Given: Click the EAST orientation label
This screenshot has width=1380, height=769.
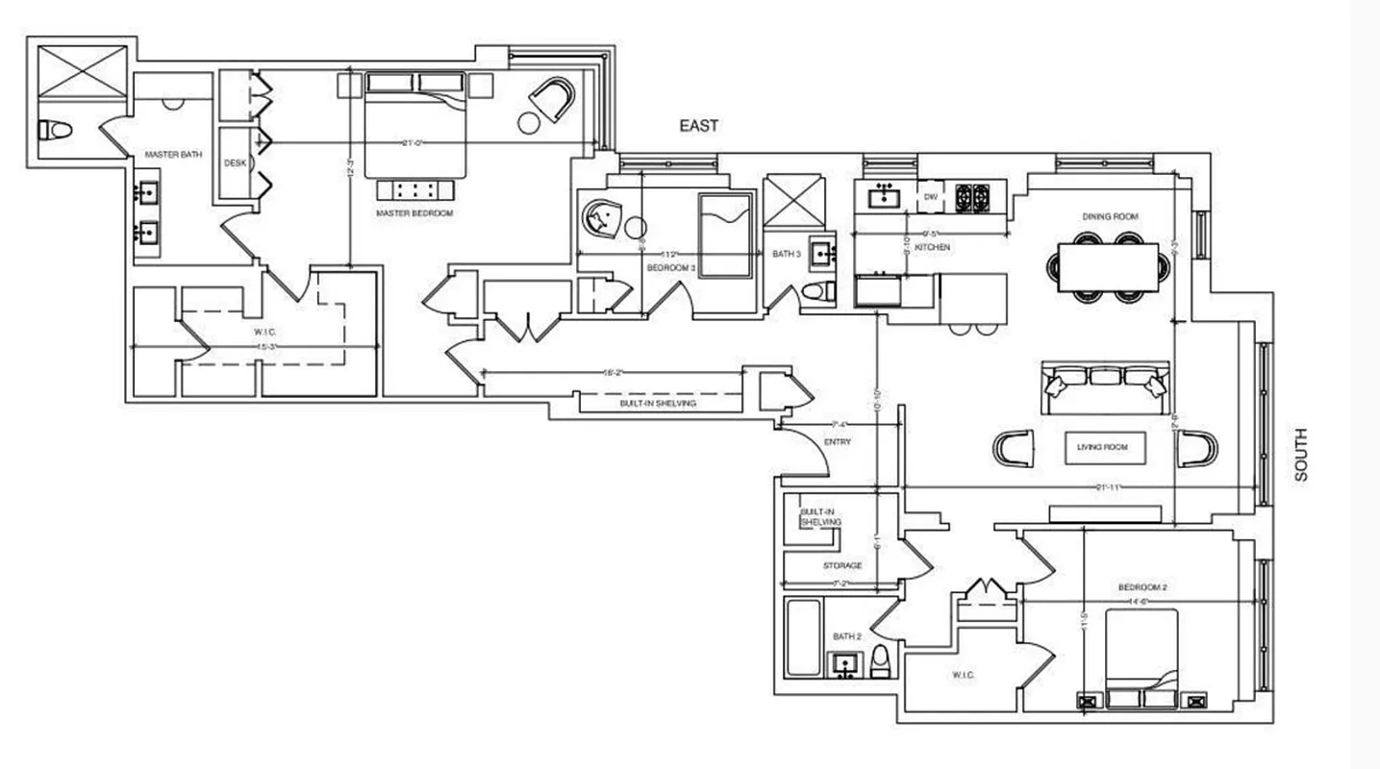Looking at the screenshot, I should [699, 126].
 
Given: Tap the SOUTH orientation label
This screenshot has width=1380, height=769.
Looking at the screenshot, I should [1301, 455].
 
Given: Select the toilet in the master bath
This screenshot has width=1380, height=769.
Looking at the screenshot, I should [55, 130].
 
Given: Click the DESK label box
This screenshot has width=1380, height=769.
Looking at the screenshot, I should [235, 163].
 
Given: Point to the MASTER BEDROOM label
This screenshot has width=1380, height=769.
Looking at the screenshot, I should [414, 212].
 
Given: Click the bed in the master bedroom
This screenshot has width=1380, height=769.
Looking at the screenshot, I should [414, 125].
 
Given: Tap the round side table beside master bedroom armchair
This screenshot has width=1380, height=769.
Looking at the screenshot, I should [529, 122].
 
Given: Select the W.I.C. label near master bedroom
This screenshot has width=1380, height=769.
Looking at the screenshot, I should [266, 333].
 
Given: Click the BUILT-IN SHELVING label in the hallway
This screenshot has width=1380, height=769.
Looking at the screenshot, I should [658, 404].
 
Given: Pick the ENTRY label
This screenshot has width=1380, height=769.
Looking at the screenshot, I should [838, 442].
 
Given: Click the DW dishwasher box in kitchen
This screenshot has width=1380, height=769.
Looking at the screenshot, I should [930, 197].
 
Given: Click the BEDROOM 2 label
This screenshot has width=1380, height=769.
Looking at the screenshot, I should [1142, 586].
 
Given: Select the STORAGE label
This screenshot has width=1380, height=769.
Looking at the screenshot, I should [841, 565].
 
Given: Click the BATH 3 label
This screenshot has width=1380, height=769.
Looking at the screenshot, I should [786, 254].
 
